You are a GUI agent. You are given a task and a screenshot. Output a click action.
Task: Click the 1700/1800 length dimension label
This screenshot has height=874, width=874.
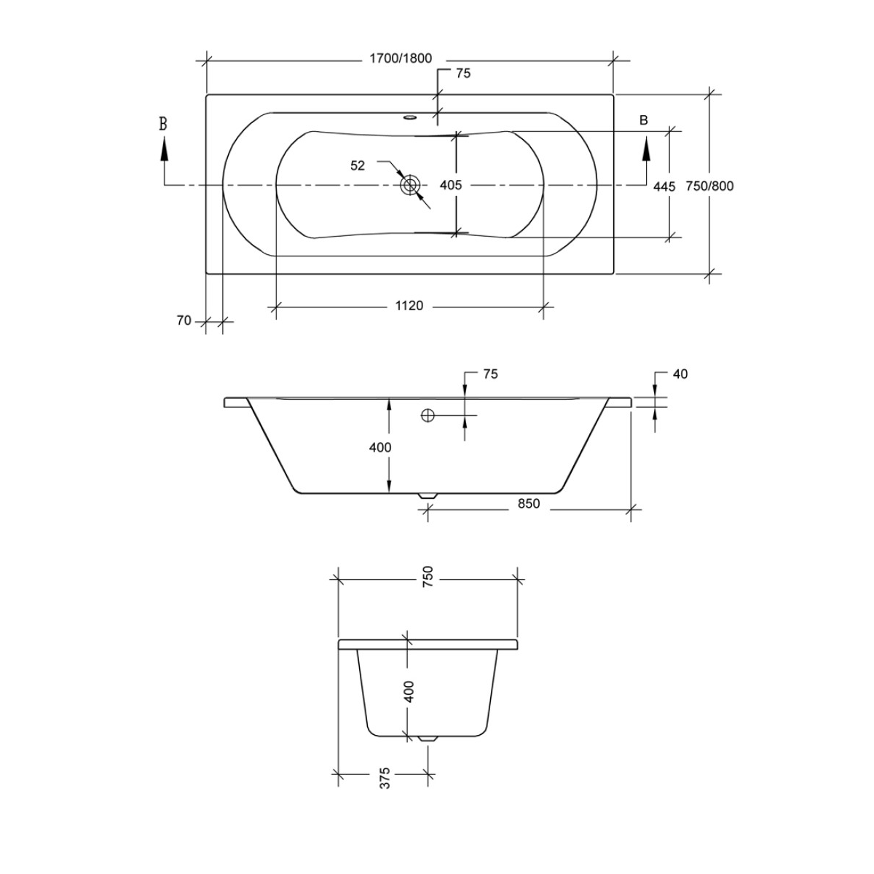pos(401,59)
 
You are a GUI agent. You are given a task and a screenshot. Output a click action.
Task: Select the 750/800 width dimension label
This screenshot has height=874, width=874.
pos(709,186)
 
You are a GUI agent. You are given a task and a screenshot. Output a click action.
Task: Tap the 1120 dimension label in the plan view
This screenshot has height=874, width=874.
pos(409,306)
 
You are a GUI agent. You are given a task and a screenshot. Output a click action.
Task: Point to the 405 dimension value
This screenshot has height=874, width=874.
pos(451,185)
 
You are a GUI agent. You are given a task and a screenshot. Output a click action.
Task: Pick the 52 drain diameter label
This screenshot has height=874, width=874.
pos(358,165)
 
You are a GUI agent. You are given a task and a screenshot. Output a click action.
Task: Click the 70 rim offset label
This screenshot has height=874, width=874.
pos(184,320)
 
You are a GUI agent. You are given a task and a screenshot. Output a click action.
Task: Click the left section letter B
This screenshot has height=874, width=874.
pos(163,124)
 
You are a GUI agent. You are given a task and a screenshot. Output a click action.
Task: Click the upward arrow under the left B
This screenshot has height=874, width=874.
pos(164,150)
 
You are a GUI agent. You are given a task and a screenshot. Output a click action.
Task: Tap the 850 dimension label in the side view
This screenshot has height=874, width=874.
pos(529,503)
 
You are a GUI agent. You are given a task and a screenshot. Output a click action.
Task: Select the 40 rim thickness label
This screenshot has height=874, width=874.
pos(680,374)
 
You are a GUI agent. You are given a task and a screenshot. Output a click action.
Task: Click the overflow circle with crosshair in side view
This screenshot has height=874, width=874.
pos(427,415)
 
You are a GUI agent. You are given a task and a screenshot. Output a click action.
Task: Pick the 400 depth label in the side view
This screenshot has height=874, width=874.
pos(380,447)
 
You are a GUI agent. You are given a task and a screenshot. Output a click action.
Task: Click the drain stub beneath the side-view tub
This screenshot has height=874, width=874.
pos(428,495)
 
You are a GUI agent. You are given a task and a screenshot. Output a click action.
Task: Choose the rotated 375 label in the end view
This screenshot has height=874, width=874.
pos(385,778)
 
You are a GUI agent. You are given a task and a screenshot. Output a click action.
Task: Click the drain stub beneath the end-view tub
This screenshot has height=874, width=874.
pos(428,738)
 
